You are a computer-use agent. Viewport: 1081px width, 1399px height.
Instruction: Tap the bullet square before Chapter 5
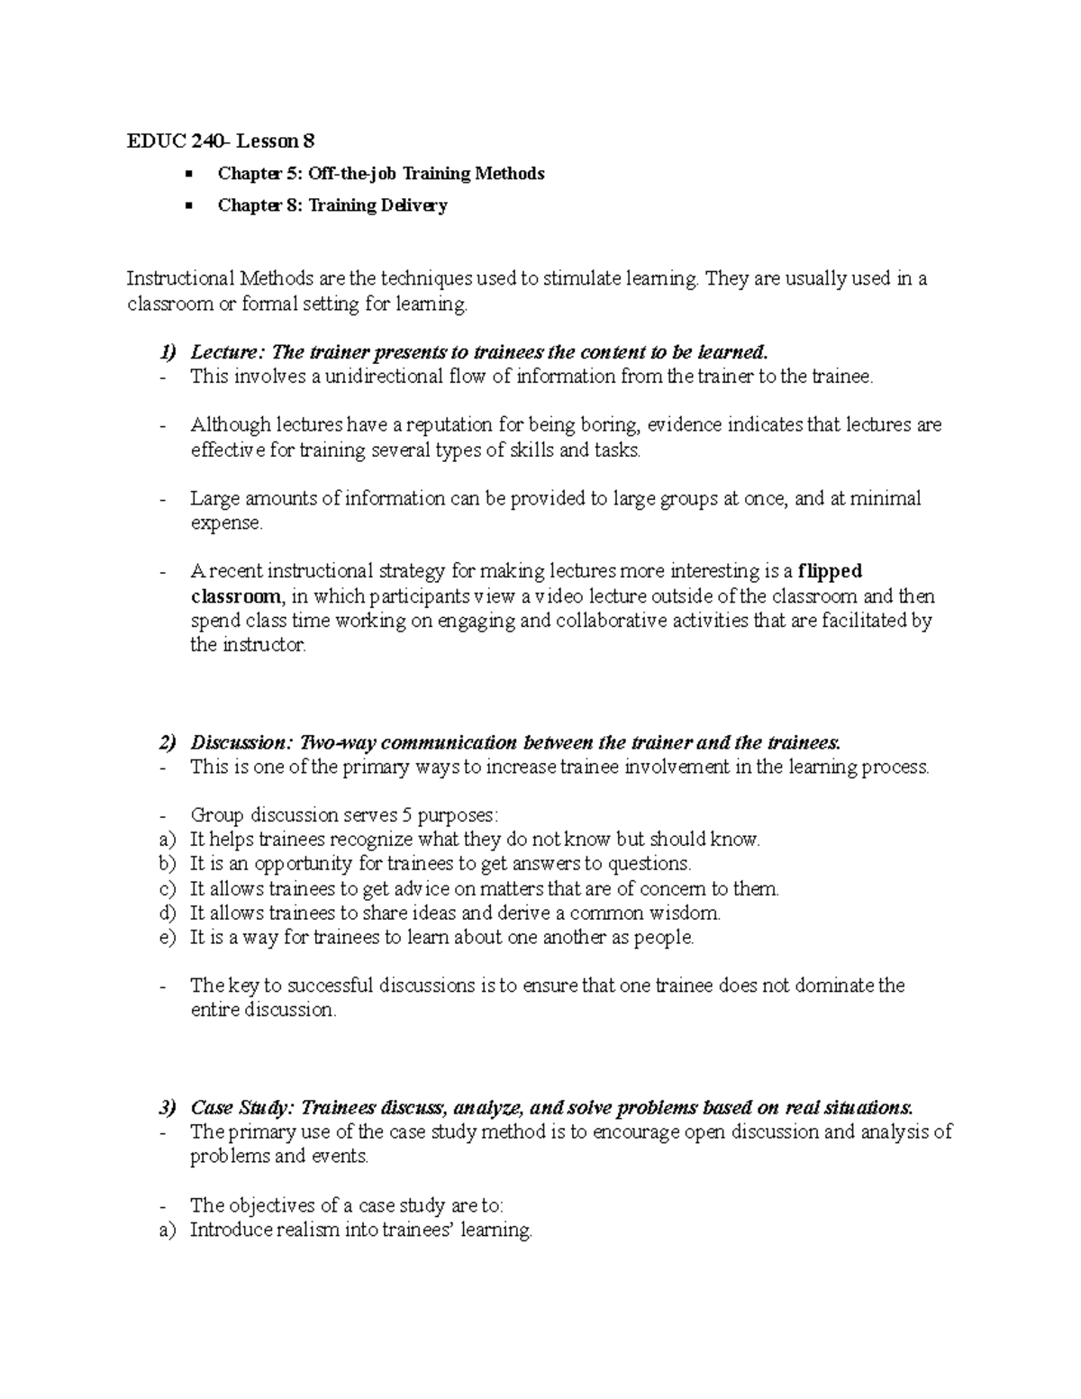coord(188,173)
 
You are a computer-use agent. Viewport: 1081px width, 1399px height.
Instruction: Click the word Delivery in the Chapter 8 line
coord(413,205)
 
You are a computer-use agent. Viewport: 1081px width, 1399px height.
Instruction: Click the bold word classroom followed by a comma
coord(236,596)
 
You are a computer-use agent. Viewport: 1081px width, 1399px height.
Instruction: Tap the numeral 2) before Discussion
coord(168,743)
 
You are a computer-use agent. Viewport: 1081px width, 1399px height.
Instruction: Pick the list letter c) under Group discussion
coord(166,889)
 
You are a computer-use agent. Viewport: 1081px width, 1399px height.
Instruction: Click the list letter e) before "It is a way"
coord(166,938)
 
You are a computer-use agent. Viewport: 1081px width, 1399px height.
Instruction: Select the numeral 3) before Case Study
coord(168,1108)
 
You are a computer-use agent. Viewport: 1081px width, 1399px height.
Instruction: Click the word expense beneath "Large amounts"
coord(224,523)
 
